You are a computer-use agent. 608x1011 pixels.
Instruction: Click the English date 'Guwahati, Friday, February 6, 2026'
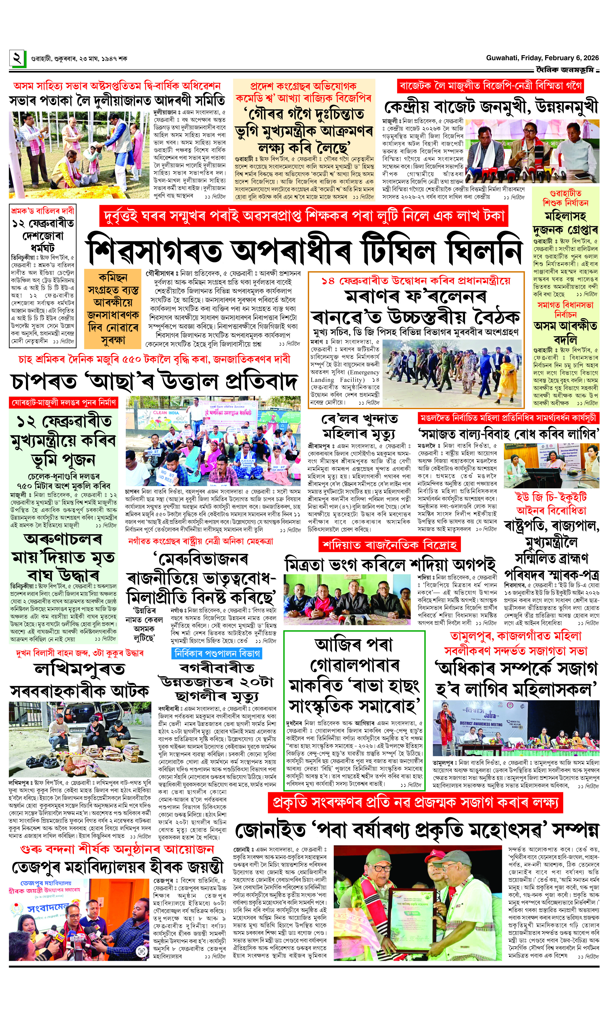pyautogui.click(x=542, y=58)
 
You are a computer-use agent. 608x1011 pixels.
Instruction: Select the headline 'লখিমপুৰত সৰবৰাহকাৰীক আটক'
pyautogui.click(x=80, y=680)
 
